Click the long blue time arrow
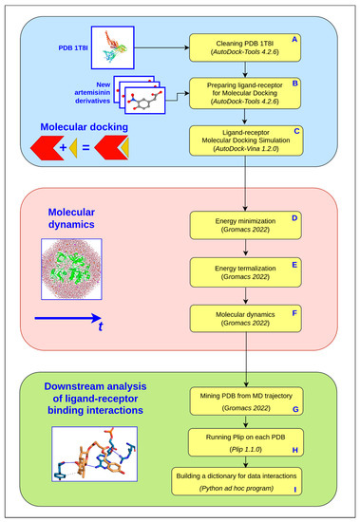tap(71, 321)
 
